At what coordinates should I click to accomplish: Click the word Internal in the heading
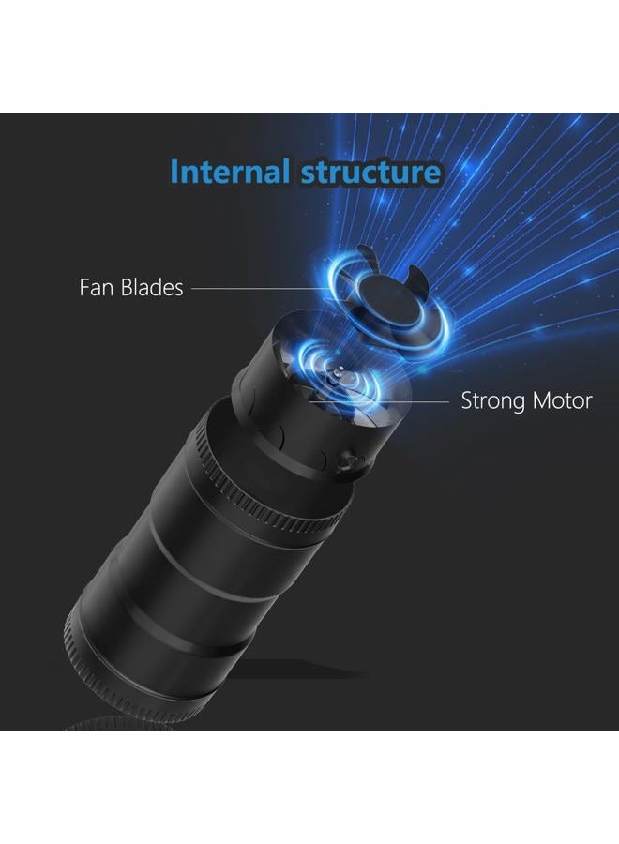click(230, 172)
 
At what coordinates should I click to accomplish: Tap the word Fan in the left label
click(97, 288)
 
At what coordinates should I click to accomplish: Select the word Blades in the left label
click(152, 288)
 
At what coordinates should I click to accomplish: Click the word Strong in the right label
click(492, 400)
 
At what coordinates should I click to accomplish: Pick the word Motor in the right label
click(562, 400)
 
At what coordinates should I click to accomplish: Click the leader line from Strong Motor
click(379, 401)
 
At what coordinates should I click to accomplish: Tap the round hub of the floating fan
click(390, 300)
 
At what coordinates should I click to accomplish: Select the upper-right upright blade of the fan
click(417, 278)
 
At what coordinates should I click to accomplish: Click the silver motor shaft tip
click(339, 370)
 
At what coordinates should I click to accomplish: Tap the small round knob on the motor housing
click(347, 461)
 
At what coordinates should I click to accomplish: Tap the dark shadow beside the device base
click(301, 671)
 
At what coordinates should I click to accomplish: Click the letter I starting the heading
click(174, 172)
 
